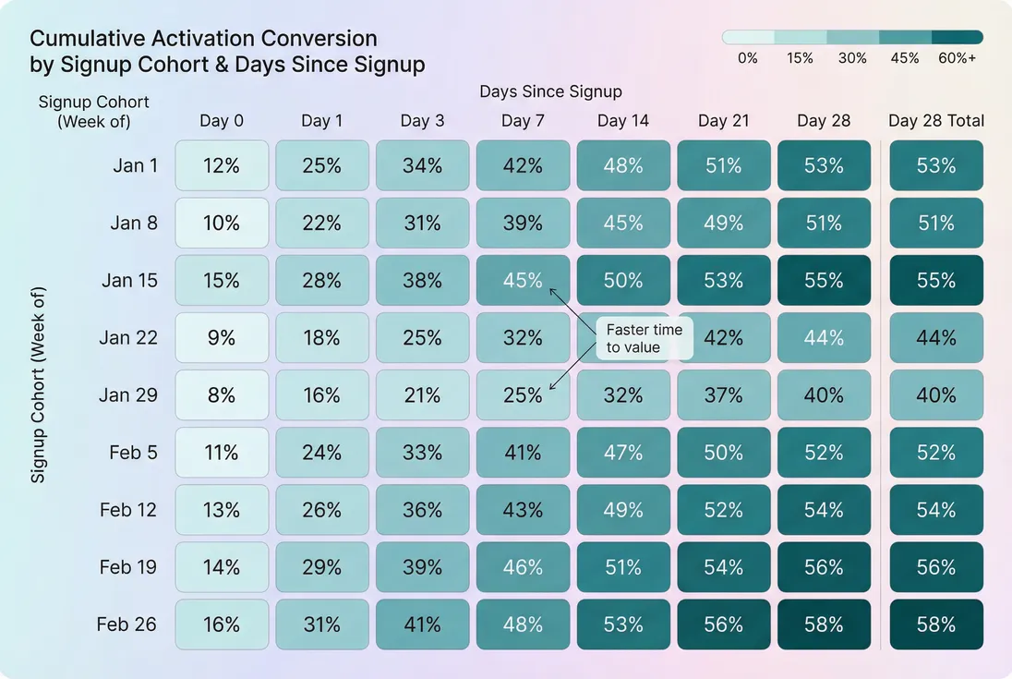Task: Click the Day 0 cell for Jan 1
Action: pos(222,166)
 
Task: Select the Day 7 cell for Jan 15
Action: pos(523,281)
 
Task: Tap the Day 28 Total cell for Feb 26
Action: pos(936,624)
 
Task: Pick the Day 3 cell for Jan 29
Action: pos(422,395)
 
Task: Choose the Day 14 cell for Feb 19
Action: pos(623,567)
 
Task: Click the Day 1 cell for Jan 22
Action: pos(321,338)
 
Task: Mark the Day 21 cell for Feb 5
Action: pos(723,453)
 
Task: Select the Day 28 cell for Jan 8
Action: pos(824,224)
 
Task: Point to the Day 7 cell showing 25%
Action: pos(523,395)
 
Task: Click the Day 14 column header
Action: pos(623,121)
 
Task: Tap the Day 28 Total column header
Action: pos(936,121)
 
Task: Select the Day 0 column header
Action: pos(222,121)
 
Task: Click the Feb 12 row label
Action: pos(128,510)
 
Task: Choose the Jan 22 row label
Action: pos(128,338)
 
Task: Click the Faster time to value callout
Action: pos(644,338)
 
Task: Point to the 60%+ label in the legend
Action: pos(957,58)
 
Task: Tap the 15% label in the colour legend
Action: pos(801,58)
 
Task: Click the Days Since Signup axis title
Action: pos(550,91)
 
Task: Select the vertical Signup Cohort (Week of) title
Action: pos(38,383)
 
